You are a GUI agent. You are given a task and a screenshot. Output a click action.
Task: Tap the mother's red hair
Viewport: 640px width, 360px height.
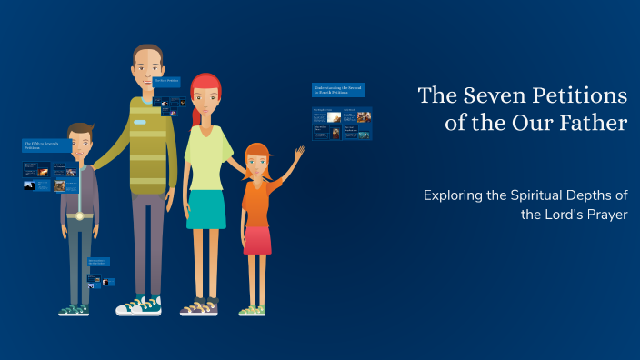[x=205, y=88]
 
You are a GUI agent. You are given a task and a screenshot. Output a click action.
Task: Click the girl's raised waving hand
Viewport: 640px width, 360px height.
[x=298, y=154]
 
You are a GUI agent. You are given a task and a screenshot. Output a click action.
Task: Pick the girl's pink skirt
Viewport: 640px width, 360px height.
[x=256, y=240]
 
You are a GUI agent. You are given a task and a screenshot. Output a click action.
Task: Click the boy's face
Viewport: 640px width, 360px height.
[x=80, y=145]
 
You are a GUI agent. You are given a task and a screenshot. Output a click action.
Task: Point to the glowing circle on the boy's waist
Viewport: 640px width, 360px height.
[x=80, y=215]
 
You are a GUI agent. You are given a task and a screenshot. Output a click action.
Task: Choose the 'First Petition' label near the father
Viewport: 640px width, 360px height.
[x=167, y=81]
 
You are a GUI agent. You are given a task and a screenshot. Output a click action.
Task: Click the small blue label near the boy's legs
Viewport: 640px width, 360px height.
[x=98, y=262]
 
